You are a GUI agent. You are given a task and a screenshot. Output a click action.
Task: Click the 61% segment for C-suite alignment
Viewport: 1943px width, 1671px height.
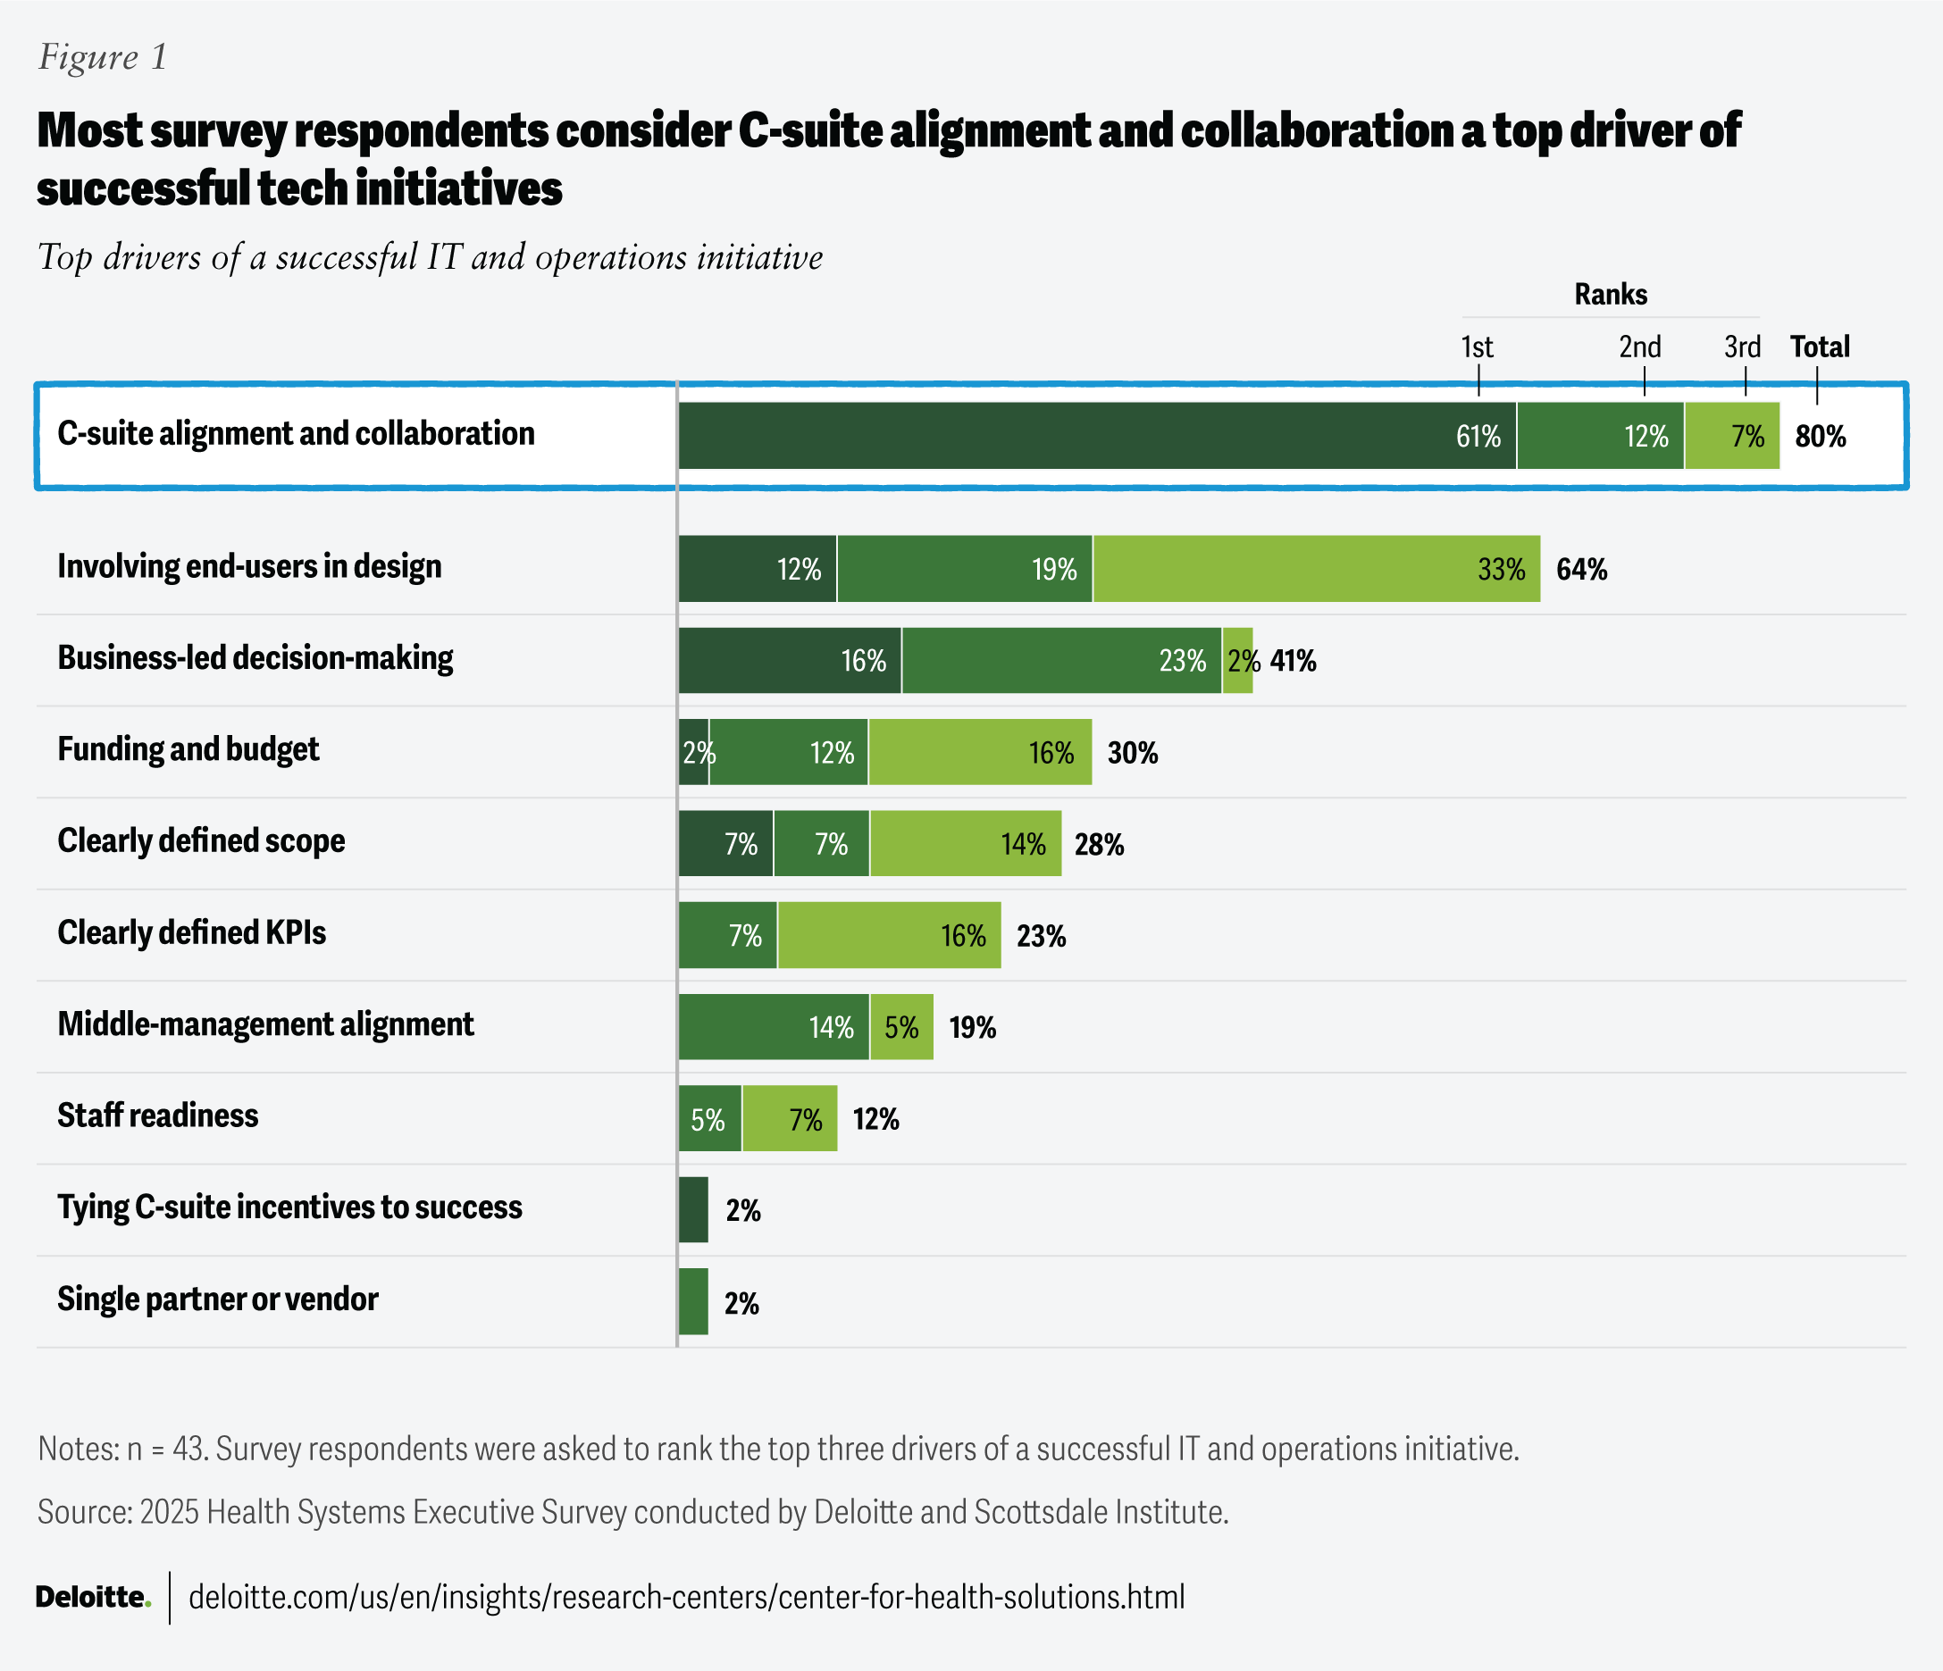pos(1097,436)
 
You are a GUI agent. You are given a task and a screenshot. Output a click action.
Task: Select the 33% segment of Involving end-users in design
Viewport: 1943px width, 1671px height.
pos(1316,569)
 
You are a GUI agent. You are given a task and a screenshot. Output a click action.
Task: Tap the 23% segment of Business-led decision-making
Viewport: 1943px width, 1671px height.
pos(1061,661)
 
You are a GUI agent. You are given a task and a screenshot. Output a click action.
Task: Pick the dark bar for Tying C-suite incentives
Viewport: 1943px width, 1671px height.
pos(693,1209)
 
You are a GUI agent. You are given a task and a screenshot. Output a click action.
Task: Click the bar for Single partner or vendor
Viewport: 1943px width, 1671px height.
pos(693,1301)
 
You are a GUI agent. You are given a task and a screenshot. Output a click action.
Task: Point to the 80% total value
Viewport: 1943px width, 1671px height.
pos(1820,437)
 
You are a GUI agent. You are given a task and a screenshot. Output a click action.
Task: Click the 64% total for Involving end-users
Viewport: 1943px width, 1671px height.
pos(1581,569)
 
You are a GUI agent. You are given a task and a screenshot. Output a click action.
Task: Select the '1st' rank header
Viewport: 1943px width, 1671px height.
pos(1477,347)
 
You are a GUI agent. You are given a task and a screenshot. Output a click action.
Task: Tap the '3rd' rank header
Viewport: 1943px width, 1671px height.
pos(1742,347)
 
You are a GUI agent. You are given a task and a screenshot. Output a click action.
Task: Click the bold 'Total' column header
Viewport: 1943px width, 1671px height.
pos(1819,347)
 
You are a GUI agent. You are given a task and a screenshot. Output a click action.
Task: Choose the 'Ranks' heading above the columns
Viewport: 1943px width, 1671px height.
pos(1610,295)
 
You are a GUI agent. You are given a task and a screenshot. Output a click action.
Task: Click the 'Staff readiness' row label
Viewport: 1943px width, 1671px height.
pos(157,1115)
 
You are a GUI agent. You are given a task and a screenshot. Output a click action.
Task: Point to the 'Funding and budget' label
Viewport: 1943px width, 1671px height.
pos(188,749)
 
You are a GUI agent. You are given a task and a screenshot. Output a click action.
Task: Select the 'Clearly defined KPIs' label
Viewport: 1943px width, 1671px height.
pos(192,933)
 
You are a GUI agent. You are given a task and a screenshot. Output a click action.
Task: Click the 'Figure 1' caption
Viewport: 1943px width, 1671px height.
pos(102,57)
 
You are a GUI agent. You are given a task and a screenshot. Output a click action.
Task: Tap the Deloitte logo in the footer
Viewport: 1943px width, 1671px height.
pos(93,1597)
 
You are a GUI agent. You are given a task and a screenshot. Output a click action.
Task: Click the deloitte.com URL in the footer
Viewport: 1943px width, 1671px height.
pos(686,1597)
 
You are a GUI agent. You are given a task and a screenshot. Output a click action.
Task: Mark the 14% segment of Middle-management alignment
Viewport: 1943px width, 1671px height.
pos(774,1027)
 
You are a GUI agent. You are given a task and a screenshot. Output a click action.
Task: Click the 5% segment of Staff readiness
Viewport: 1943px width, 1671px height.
pos(710,1119)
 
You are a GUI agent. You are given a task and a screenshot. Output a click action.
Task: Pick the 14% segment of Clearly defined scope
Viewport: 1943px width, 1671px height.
pos(965,844)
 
